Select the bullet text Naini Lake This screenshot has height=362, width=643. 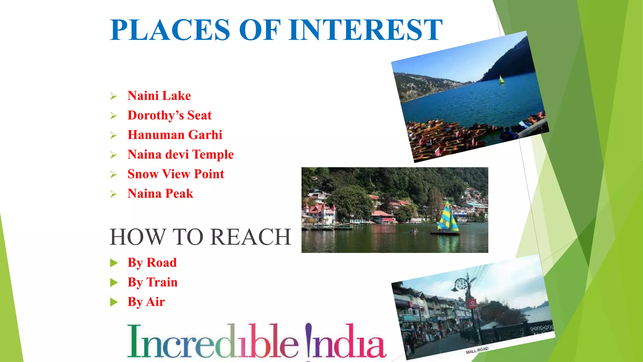pyautogui.click(x=159, y=96)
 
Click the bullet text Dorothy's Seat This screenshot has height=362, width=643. pyautogui.click(x=170, y=115)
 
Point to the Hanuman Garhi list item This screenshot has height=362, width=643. pyautogui.click(x=175, y=135)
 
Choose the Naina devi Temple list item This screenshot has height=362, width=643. pyautogui.click(x=181, y=155)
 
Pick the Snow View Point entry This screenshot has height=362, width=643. pyautogui.click(x=176, y=174)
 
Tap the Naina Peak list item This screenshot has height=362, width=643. pyautogui.click(x=160, y=194)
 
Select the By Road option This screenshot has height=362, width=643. pyautogui.click(x=152, y=263)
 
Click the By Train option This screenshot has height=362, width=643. pyautogui.click(x=153, y=282)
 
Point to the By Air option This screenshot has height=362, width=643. pyautogui.click(x=146, y=302)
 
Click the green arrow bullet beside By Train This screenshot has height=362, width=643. pyautogui.click(x=114, y=282)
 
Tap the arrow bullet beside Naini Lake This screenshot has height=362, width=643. pyautogui.click(x=113, y=96)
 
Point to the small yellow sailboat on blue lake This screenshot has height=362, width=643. pyautogui.click(x=501, y=80)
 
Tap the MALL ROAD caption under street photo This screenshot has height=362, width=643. pyautogui.click(x=477, y=350)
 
